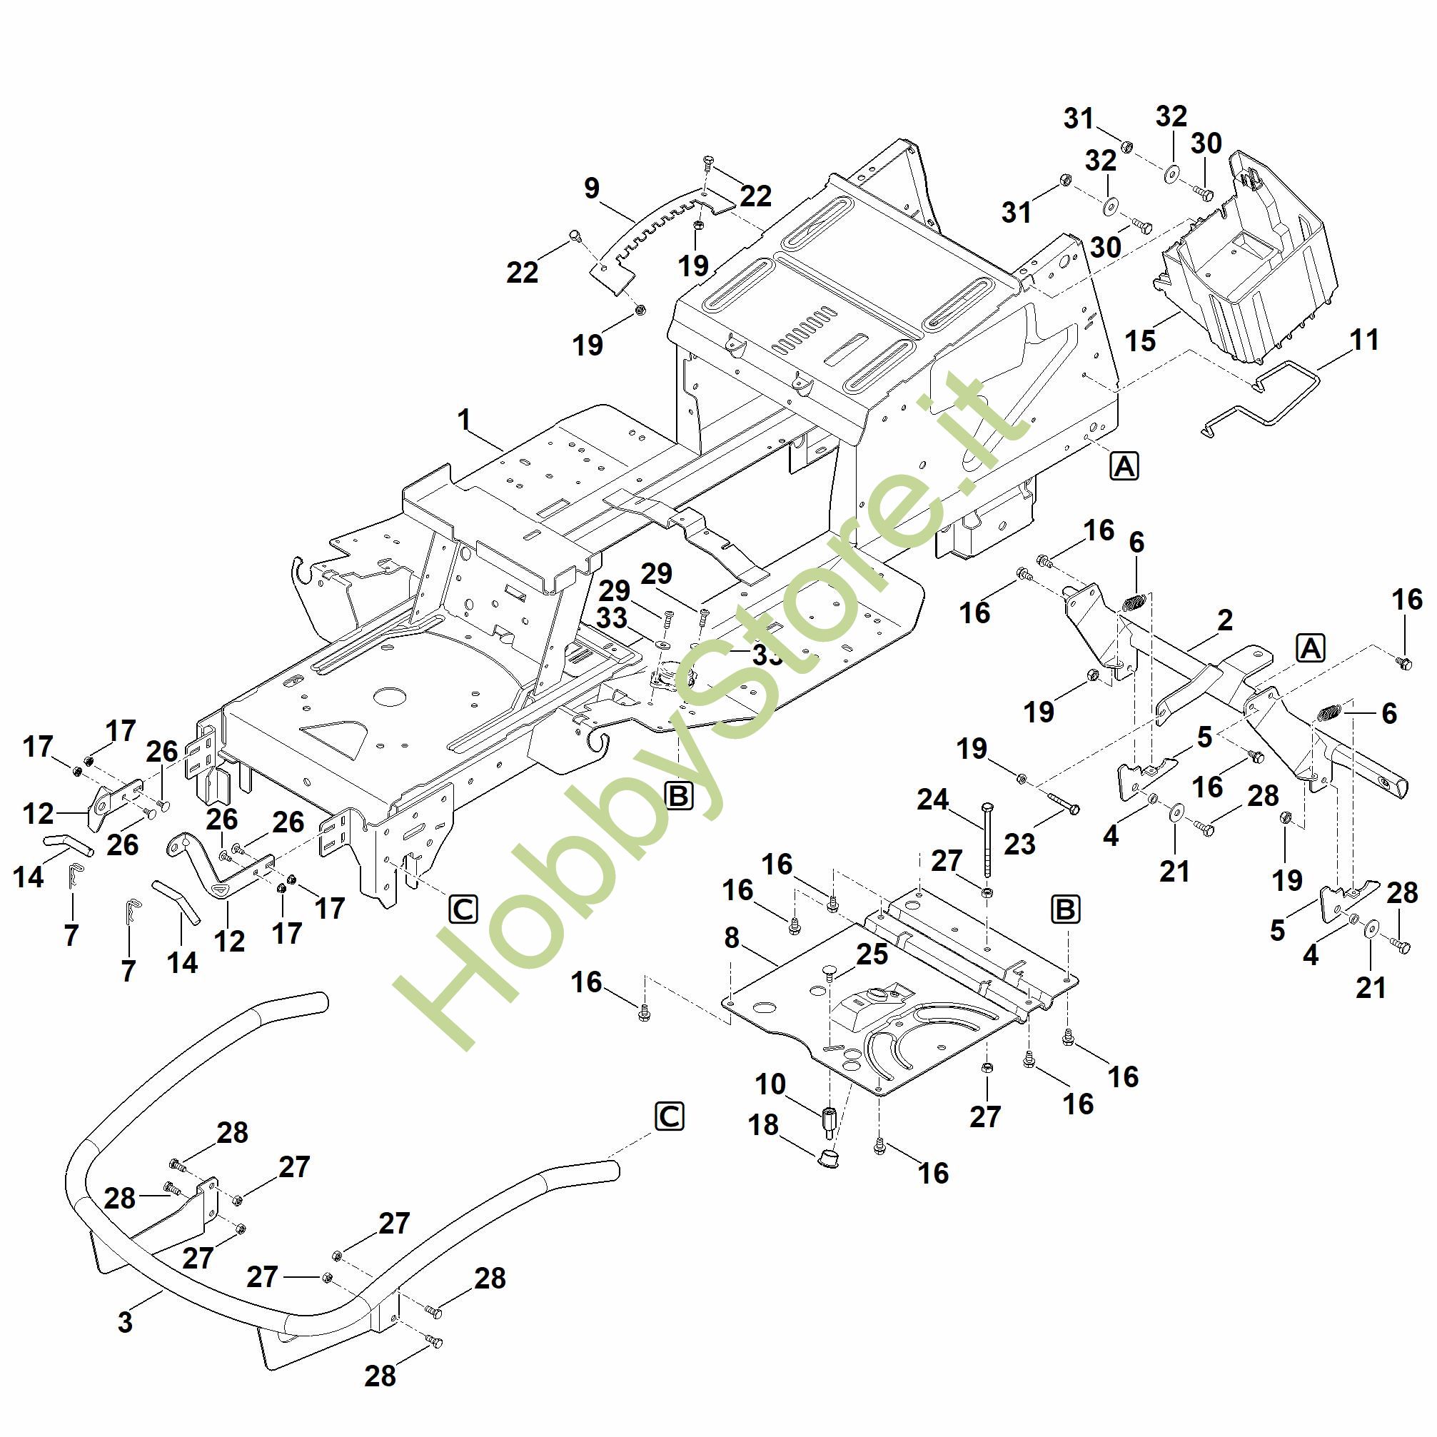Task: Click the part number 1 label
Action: [464, 420]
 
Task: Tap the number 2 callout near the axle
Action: [1224, 620]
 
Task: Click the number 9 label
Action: [591, 188]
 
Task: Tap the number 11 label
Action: [1364, 340]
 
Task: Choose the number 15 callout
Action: [1140, 341]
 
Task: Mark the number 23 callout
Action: [1019, 844]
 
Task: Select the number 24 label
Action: [933, 800]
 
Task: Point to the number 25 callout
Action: [872, 954]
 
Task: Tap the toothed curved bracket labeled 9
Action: [655, 227]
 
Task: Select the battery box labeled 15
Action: [1249, 261]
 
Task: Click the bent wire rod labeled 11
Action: [1264, 402]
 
